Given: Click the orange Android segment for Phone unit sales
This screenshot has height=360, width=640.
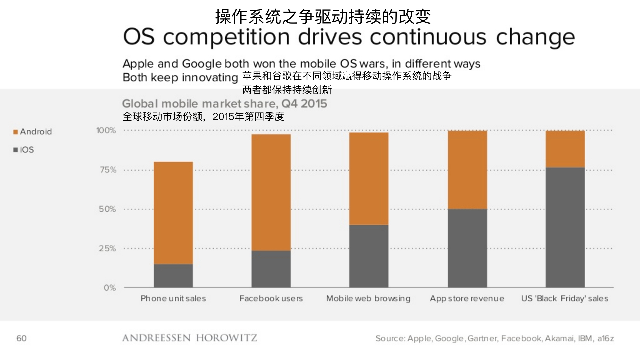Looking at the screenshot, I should click(x=173, y=213).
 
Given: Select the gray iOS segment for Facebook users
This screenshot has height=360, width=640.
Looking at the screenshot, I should click(x=271, y=269).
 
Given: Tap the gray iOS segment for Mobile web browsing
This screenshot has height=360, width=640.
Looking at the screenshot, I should click(x=369, y=256).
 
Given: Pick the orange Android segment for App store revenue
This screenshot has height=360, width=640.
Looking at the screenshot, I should click(x=467, y=170).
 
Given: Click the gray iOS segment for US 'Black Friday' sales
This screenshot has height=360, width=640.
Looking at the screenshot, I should click(x=565, y=227).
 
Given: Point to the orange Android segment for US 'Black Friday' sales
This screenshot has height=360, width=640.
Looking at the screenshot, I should click(x=565, y=149).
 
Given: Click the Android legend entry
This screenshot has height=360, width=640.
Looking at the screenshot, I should click(x=33, y=132).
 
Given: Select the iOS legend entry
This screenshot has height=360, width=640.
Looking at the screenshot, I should click(x=24, y=150).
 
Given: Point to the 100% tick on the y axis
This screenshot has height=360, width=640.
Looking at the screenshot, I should click(x=106, y=130).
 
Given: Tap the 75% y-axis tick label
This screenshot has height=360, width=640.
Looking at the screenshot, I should click(x=108, y=170).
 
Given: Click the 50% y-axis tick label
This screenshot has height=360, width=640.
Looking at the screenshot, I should click(x=107, y=209).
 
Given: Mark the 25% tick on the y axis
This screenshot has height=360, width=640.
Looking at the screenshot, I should click(x=107, y=249).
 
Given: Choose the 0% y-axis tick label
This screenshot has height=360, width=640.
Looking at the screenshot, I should click(x=110, y=288).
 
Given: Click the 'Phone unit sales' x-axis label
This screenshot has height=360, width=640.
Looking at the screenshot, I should click(x=173, y=298).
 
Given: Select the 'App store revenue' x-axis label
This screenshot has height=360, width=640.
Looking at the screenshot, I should click(x=467, y=298).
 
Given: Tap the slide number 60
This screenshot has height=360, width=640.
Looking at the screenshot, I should click(x=21, y=338).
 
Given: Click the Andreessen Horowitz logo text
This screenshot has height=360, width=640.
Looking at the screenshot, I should click(x=189, y=338).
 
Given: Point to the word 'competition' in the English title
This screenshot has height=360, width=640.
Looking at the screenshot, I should click(x=226, y=37).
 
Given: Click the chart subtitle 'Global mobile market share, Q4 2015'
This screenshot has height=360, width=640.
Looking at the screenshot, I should click(x=224, y=104).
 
